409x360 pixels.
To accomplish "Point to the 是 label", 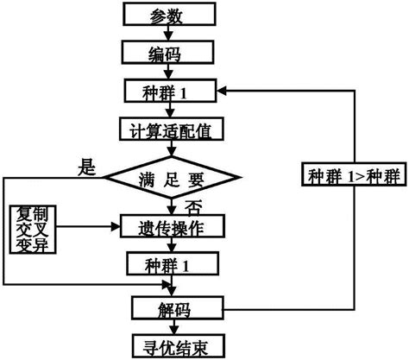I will [87, 167].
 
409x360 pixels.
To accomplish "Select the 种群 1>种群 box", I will [354, 177].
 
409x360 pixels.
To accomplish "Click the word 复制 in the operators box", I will [31, 213].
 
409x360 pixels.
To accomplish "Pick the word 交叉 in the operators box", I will [31, 230].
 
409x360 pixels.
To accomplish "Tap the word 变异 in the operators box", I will [31, 246].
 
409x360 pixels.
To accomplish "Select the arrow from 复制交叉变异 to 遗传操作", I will [86, 229].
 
